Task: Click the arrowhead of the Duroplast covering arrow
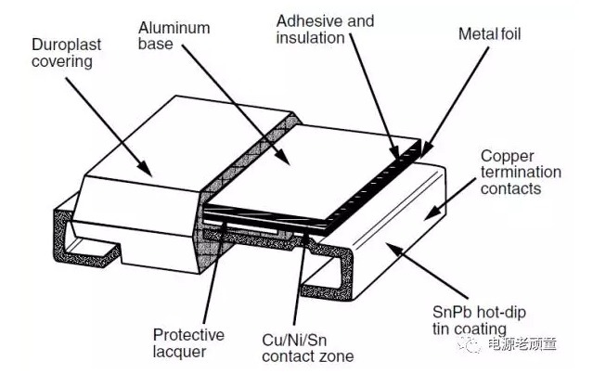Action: pos(148,171)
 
